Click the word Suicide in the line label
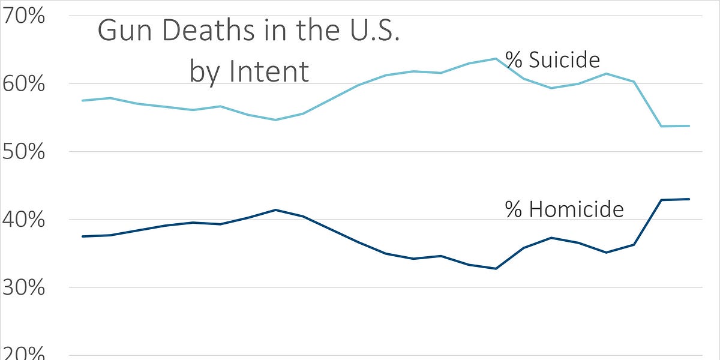pyautogui.click(x=564, y=61)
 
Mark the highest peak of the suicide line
pyautogui.click(x=496, y=58)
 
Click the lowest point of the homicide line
pyautogui.click(x=496, y=268)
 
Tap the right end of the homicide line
pyautogui.click(x=689, y=199)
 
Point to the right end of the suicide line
pyautogui.click(x=689, y=126)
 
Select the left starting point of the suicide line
pyautogui.click(x=82, y=100)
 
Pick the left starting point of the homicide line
pyautogui.click(x=82, y=236)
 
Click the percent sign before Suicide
pyautogui.click(x=514, y=61)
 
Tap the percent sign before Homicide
pyautogui.click(x=514, y=209)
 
